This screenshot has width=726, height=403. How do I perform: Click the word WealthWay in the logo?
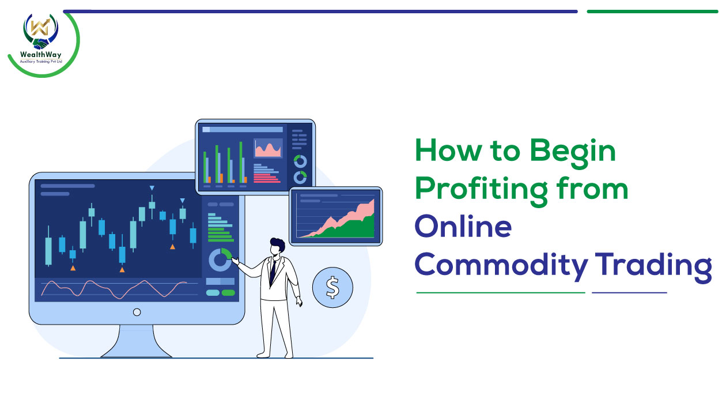(40, 55)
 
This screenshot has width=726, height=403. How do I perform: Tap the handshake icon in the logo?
(41, 44)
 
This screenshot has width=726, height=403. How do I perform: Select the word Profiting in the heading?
(482, 191)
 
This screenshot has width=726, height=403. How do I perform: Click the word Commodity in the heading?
(501, 266)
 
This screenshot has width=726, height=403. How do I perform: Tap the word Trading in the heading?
(653, 267)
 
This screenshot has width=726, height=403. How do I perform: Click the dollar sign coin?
(332, 287)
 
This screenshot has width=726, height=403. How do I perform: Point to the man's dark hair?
(278, 244)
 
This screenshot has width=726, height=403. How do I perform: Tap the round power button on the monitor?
(137, 312)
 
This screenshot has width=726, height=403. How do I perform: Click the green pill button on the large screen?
(228, 293)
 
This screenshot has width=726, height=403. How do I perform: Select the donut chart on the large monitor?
(220, 259)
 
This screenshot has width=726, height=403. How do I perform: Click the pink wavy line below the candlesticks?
(114, 289)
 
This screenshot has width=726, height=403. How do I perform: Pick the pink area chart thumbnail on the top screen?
(268, 148)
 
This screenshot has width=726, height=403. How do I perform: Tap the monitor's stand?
(136, 341)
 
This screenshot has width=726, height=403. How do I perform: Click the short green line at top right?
(652, 12)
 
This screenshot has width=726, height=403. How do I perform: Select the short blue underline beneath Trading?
(629, 293)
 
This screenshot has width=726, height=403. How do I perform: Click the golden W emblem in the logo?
(40, 27)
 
